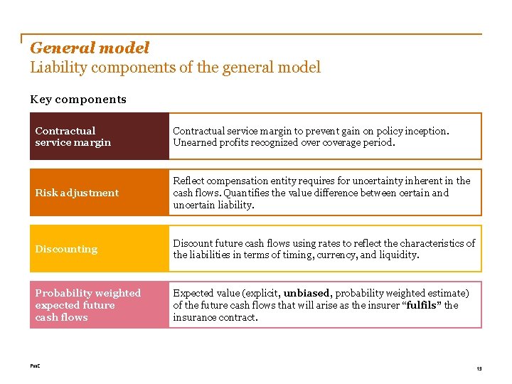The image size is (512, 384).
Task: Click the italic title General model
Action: tap(90, 48)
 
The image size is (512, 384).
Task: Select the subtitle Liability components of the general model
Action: tap(175, 68)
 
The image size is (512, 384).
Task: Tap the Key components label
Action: tap(78, 100)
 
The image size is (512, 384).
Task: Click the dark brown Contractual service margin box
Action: tap(99, 136)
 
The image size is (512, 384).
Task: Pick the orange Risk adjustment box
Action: tap(99, 193)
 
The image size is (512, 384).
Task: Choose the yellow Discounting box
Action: tap(99, 249)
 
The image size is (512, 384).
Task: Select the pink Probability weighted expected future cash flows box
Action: tap(99, 305)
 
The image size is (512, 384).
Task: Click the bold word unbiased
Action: tap(307, 293)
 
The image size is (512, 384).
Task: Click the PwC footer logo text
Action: tap(35, 366)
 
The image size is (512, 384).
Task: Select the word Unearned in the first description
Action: tap(193, 142)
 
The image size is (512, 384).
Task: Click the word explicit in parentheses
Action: tap(260, 293)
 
